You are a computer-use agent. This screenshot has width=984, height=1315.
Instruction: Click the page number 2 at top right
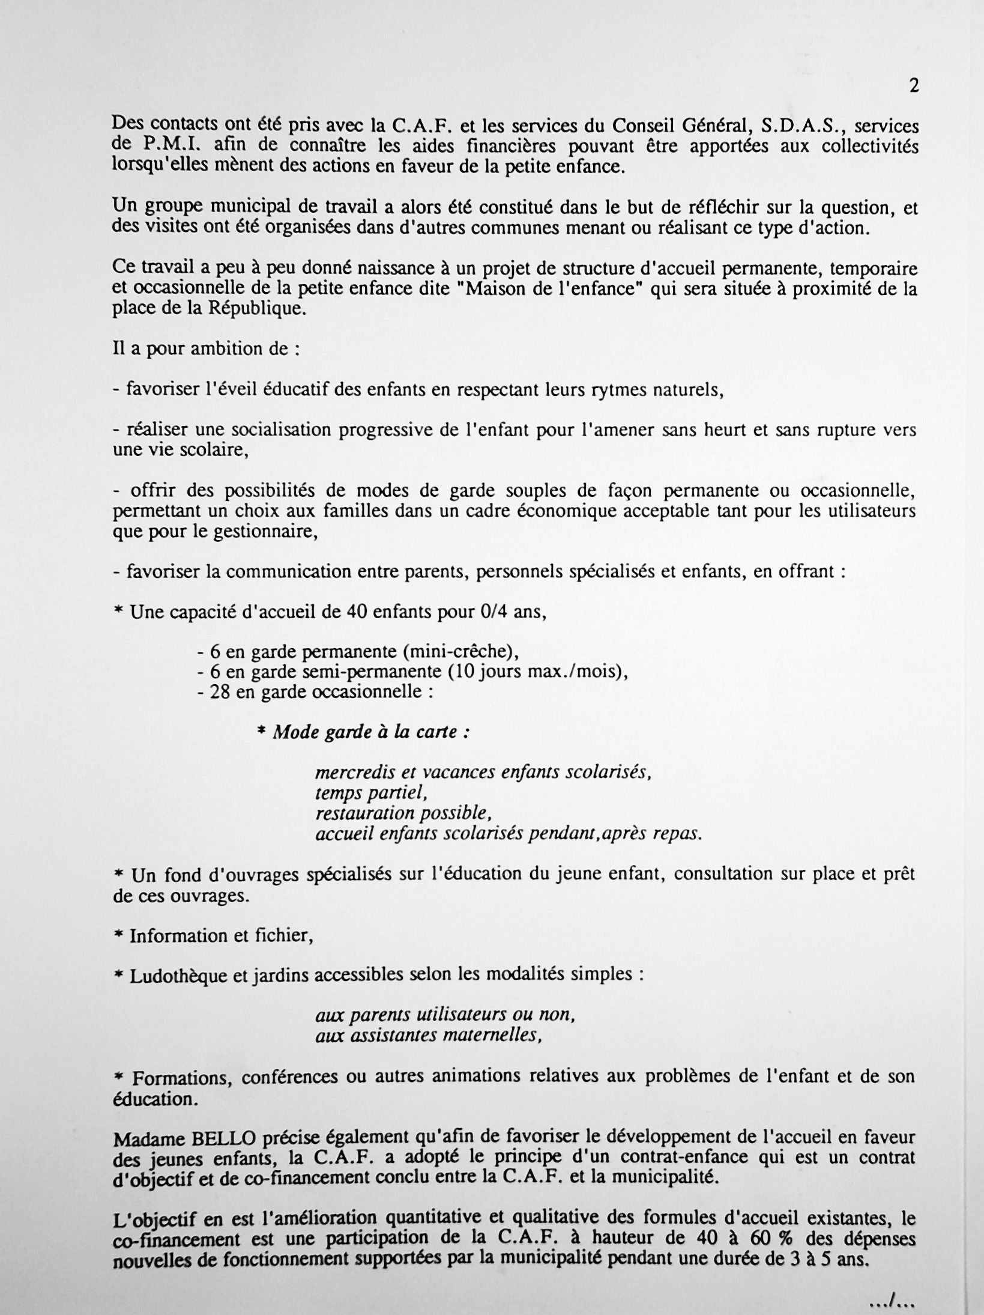point(914,87)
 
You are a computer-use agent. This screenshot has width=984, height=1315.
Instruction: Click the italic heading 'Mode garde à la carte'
point(370,733)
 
